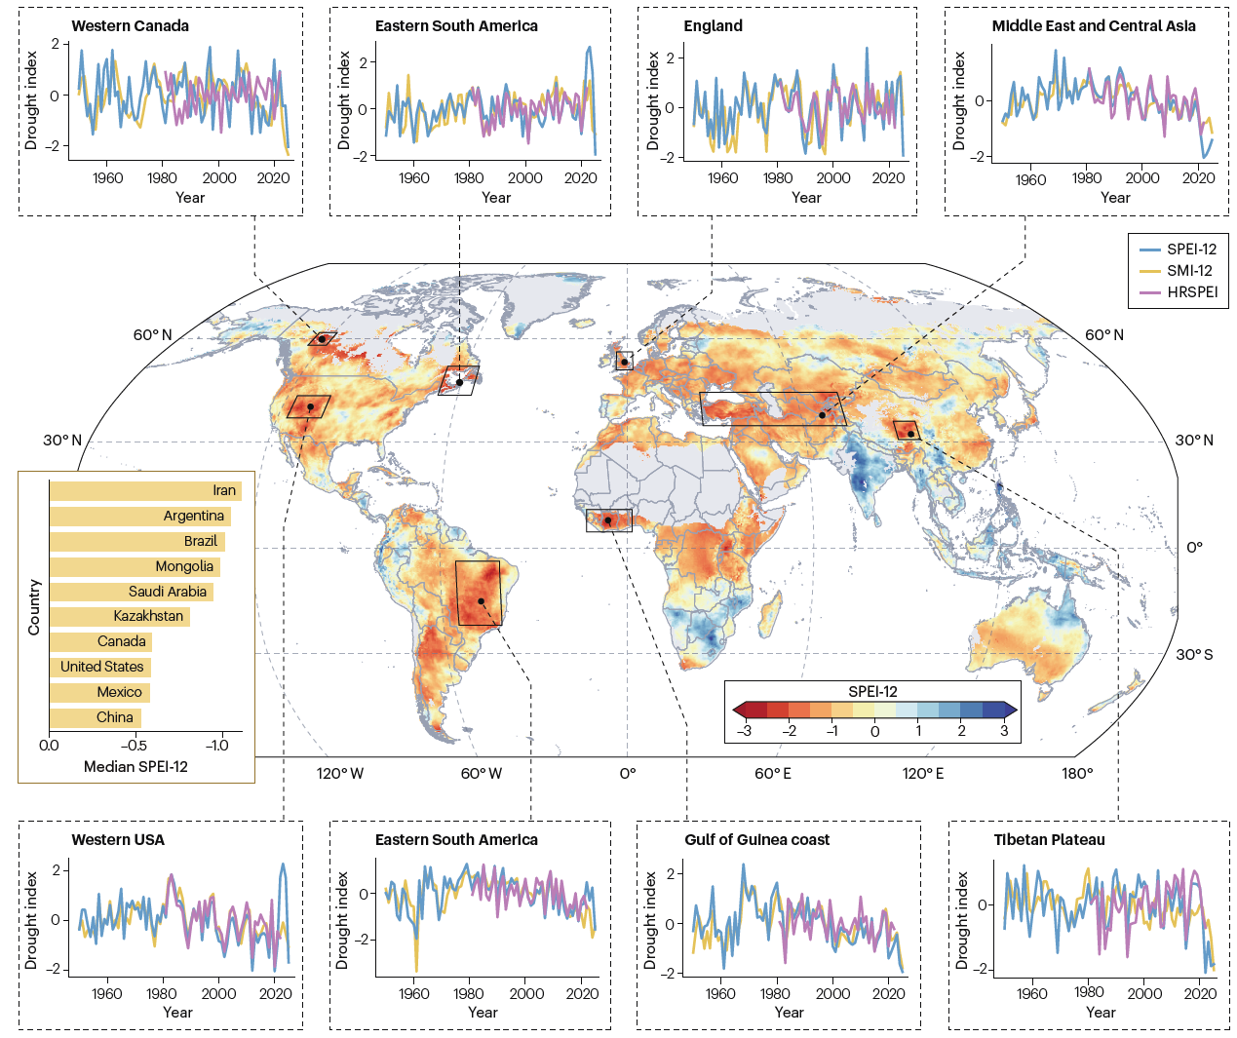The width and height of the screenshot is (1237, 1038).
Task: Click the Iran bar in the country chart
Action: pos(145,491)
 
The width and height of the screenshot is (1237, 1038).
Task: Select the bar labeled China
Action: pos(96,718)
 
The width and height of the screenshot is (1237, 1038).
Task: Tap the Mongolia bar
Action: pos(135,567)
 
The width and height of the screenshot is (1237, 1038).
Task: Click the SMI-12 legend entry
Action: pos(1189,271)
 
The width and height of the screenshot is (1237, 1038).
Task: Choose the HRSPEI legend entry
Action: pos(1192,292)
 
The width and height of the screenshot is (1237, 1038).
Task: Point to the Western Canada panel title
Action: pos(131,26)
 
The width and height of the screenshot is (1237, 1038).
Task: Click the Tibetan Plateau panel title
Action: pos(1049,840)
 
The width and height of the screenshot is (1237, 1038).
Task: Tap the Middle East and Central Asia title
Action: pos(1093,26)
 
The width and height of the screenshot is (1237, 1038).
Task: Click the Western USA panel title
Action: pos(118,840)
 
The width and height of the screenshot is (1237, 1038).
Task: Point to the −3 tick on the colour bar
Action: pos(744,731)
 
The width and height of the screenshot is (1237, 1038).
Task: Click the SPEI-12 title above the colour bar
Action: pos(872,692)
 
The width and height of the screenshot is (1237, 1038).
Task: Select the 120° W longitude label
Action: pos(339,774)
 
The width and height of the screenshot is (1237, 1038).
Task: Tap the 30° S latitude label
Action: pos(1194,655)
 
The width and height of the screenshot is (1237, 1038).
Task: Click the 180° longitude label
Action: pos(1077,774)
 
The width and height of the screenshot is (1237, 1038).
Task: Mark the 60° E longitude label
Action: pos(773,774)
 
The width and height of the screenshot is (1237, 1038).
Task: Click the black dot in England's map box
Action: pos(625,363)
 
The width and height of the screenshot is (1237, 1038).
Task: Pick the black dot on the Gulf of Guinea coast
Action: pos(608,520)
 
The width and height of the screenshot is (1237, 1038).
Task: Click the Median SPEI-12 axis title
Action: pos(135,767)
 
